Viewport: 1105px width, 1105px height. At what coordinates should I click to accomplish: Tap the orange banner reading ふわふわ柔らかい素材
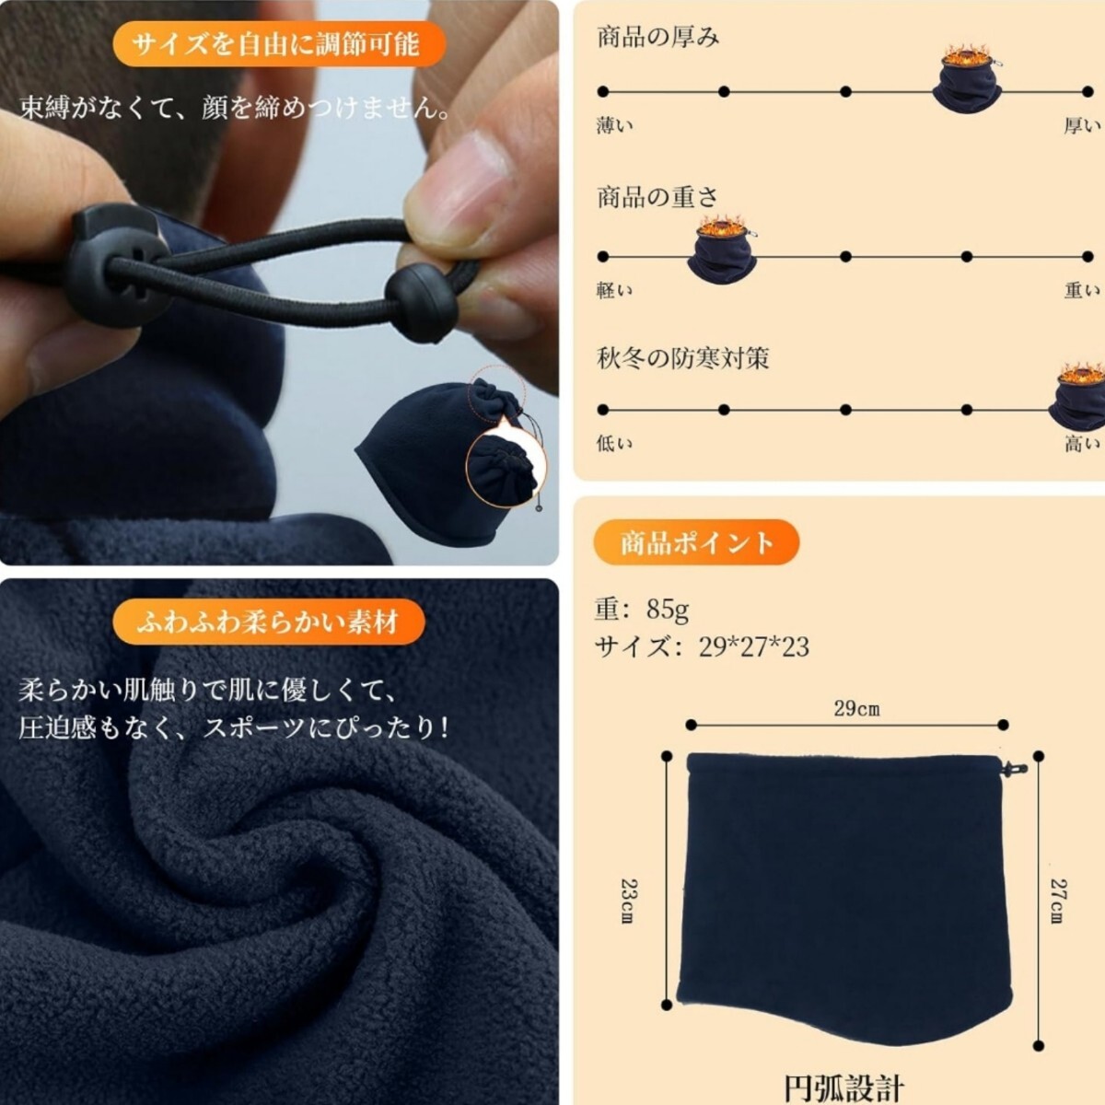pos(269,622)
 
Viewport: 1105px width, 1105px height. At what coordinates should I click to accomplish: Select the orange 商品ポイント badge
pos(696,542)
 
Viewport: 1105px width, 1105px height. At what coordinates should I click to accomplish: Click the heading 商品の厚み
pos(657,37)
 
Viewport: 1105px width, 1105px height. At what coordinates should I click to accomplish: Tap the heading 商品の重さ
pos(657,197)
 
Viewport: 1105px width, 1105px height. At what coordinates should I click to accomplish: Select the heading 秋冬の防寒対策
pos(682,358)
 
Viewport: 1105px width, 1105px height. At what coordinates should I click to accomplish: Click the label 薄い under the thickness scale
pos(615,125)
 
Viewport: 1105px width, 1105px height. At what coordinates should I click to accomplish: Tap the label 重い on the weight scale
pos(1082,290)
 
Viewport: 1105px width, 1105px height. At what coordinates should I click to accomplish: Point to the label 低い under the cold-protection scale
pos(615,443)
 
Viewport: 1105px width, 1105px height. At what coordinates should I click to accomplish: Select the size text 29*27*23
pos(753,646)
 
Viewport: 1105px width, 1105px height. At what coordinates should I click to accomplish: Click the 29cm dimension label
pos(856,709)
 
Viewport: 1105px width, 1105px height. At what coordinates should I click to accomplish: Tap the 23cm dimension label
pos(630,901)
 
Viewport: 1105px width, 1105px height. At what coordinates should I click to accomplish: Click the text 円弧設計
pos(843,1088)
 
